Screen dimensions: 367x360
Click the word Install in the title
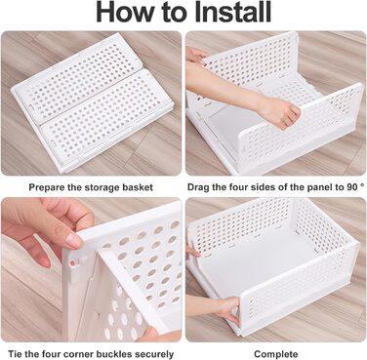[233, 12]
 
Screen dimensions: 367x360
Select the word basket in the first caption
[138, 187]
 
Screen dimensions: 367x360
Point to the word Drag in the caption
[198, 187]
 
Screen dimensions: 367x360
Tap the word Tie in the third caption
[15, 354]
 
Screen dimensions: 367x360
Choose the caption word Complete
[276, 354]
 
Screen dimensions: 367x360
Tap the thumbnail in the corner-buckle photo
[74, 241]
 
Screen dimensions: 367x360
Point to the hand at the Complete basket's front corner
[228, 309]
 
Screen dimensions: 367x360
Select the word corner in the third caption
[78, 354]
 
